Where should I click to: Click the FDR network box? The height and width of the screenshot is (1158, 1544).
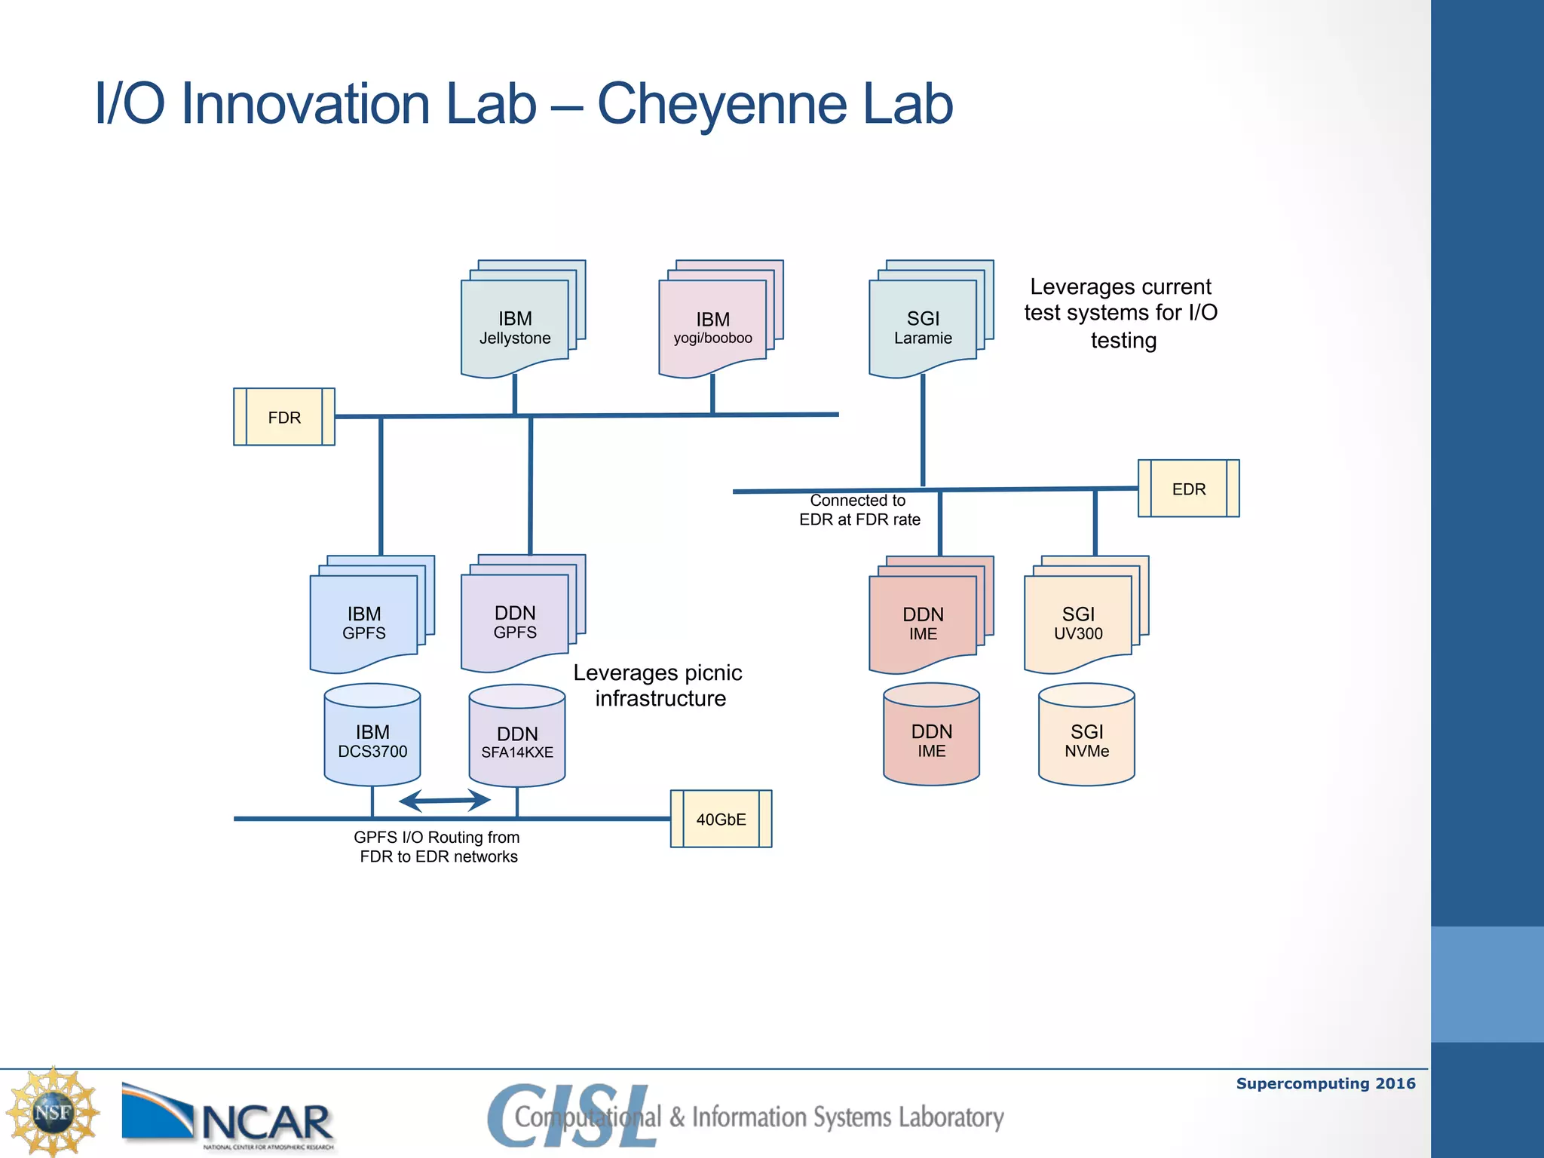284,417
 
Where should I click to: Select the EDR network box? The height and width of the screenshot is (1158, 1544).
1188,489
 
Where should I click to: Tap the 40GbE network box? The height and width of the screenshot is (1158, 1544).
721,819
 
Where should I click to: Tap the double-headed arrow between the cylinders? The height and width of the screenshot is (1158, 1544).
444,800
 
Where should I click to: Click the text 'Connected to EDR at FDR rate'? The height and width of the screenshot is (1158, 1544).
859,510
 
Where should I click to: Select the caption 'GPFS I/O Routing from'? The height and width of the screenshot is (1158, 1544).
437,837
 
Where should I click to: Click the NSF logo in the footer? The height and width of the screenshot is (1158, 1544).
53,1112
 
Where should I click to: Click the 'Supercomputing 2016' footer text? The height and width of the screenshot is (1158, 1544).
1325,1083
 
